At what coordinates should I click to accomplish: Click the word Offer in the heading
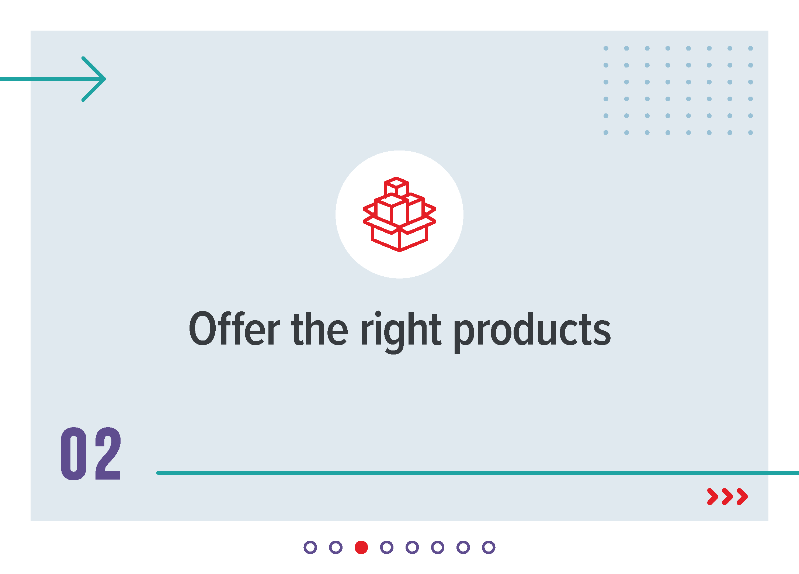pyautogui.click(x=235, y=328)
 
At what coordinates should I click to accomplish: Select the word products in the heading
pyautogui.click(x=532, y=331)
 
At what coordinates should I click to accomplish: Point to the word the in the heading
pyautogui.click(x=319, y=328)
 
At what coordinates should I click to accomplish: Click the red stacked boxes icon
pyautogui.click(x=399, y=214)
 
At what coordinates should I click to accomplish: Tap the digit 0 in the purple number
pyautogui.click(x=74, y=453)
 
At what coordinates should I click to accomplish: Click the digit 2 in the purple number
pyautogui.click(x=108, y=453)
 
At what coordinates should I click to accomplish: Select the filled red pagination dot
pyautogui.click(x=361, y=547)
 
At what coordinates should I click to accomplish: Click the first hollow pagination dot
pyautogui.click(x=310, y=547)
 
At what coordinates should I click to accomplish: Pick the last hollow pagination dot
pyautogui.click(x=489, y=547)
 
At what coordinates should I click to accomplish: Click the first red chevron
pyautogui.click(x=712, y=496)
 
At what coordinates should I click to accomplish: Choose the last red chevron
pyautogui.click(x=742, y=496)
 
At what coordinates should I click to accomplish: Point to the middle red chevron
pyautogui.click(x=727, y=496)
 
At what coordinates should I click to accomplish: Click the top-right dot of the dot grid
pyautogui.click(x=750, y=48)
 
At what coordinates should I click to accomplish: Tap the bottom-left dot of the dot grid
pyautogui.click(x=606, y=132)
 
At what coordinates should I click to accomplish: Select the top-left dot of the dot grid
pyautogui.click(x=606, y=48)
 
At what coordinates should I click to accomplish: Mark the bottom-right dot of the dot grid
pyautogui.click(x=750, y=132)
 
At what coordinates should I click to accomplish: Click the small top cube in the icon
pyautogui.click(x=396, y=187)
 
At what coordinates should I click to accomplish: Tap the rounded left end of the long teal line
pyautogui.click(x=159, y=473)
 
